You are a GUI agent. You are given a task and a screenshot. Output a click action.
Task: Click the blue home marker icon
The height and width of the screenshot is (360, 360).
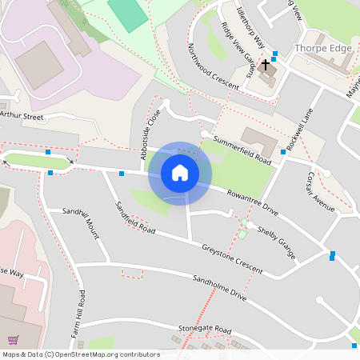180,173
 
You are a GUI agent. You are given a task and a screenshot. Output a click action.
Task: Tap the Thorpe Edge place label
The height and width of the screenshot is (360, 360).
323,49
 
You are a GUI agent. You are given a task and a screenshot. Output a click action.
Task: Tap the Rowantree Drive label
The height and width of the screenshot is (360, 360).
252,202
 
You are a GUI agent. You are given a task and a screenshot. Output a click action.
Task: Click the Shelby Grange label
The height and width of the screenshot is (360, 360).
277,242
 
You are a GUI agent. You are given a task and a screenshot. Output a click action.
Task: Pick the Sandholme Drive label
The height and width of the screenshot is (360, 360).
220,290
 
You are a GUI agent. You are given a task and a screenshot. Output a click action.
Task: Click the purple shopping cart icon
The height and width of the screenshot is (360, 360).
13,340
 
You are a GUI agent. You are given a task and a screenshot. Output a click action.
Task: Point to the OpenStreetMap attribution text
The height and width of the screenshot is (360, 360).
80,354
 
